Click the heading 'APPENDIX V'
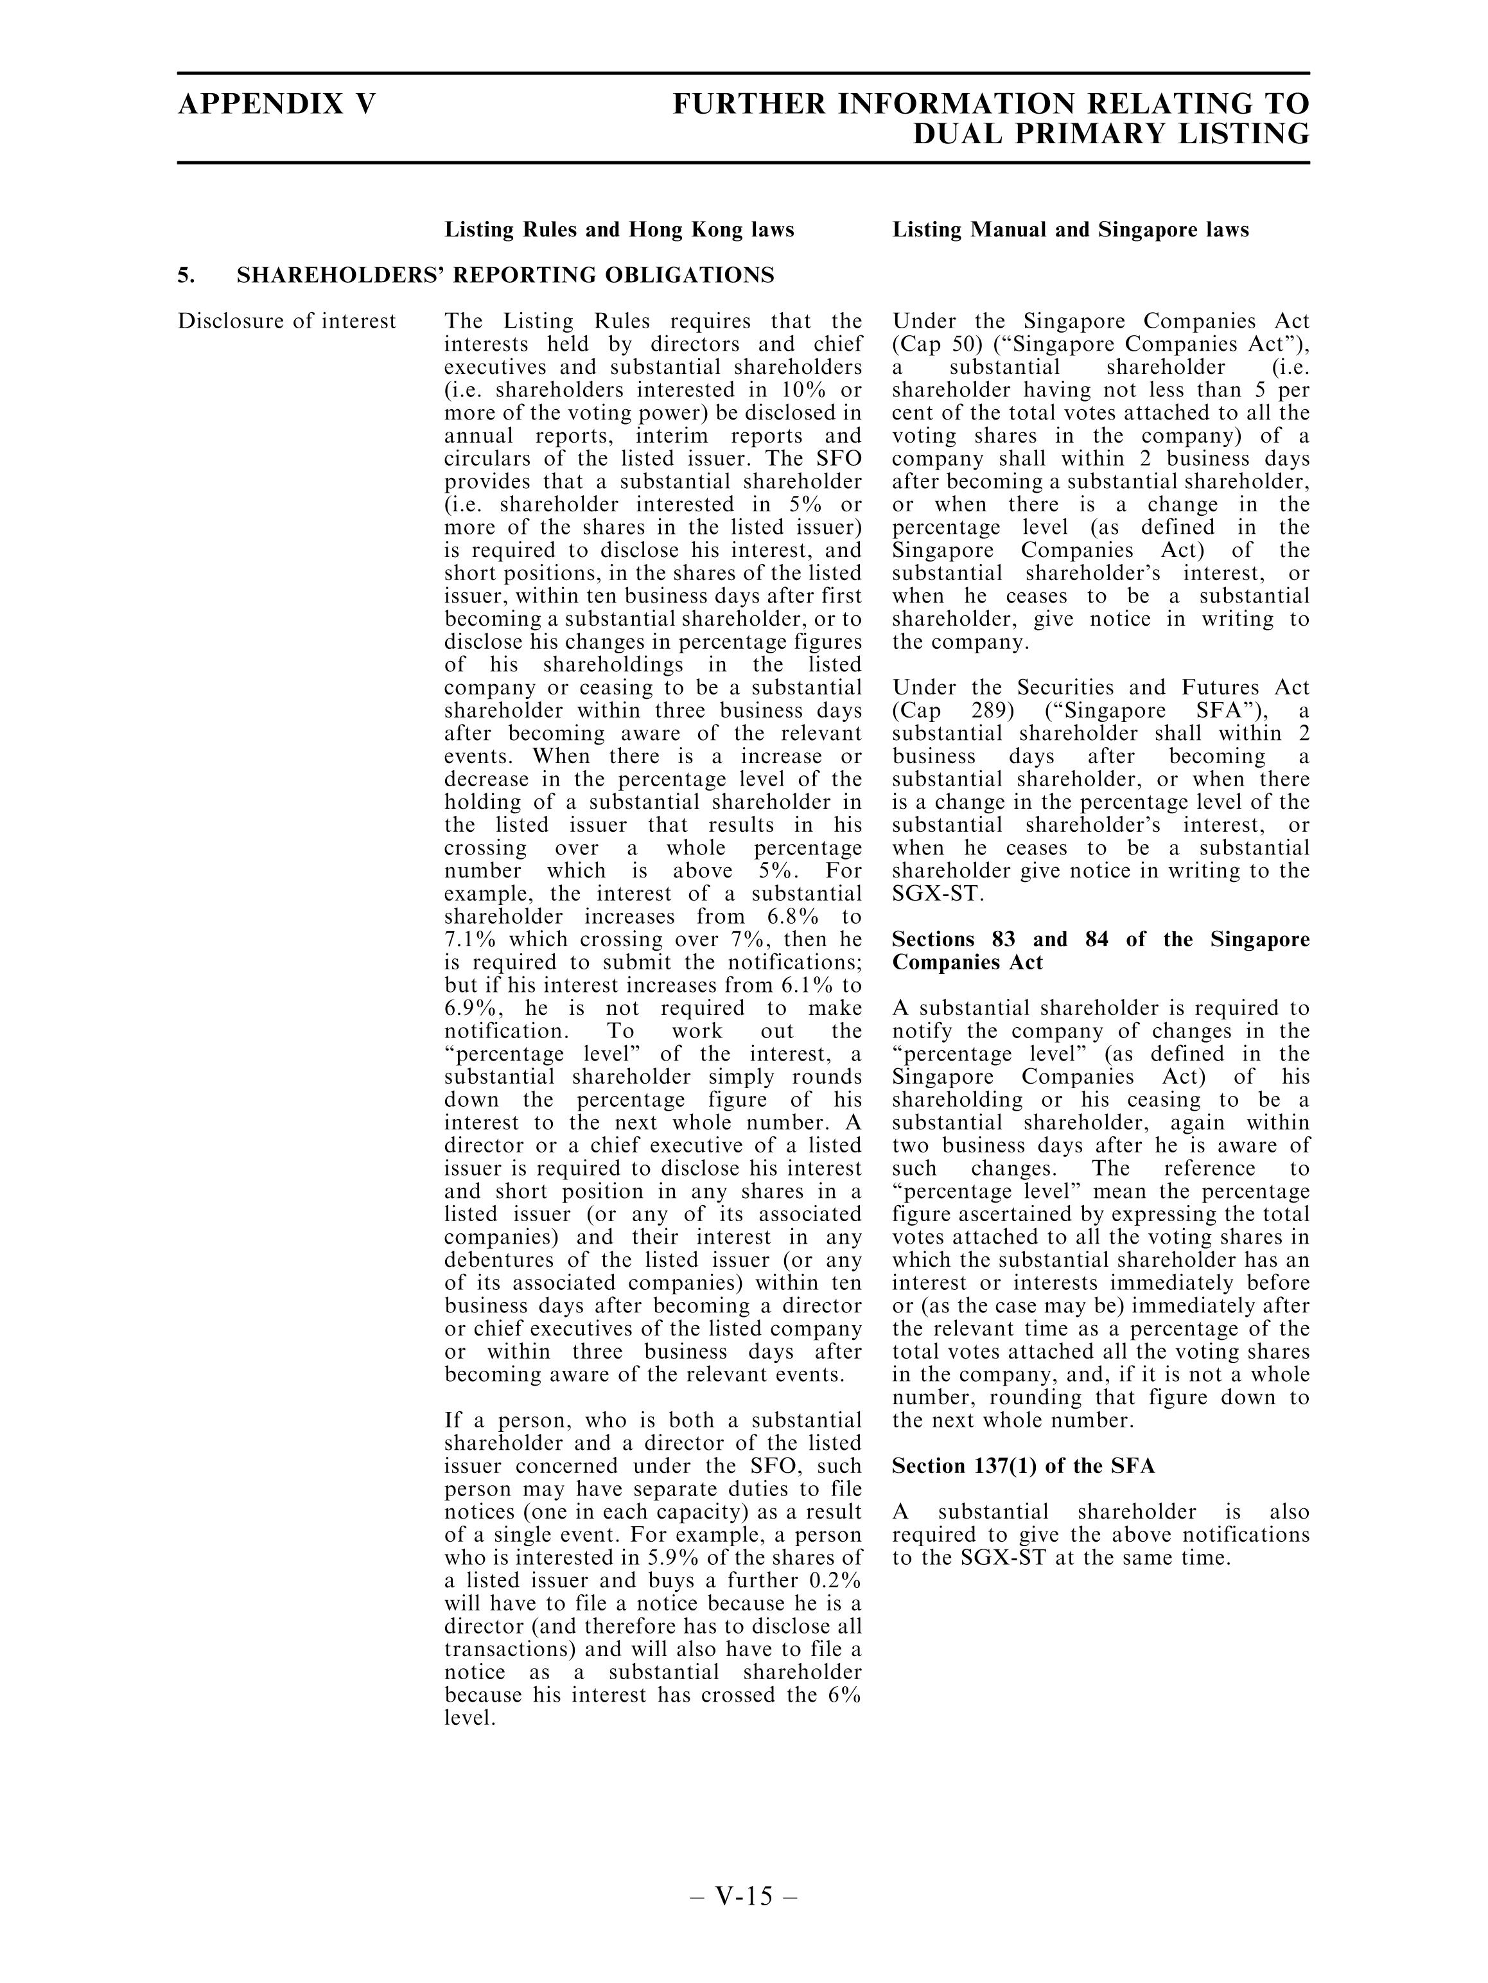[x=276, y=104]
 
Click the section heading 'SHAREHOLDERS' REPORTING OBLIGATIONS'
[x=505, y=275]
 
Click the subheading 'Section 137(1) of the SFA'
[x=1023, y=1466]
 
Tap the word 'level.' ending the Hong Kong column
[x=469, y=1718]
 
